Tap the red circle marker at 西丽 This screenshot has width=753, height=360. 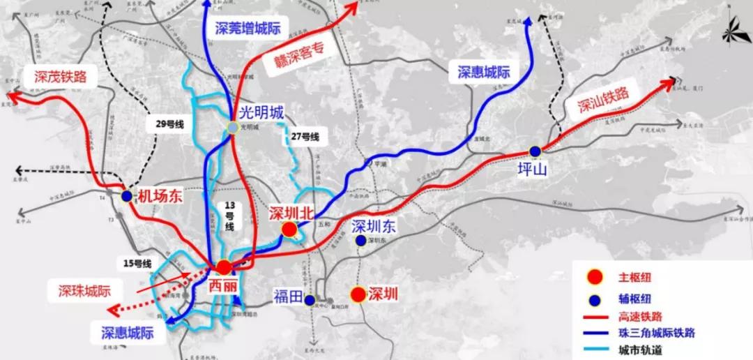point(224,267)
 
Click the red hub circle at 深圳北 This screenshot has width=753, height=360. point(289,230)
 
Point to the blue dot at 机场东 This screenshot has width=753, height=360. point(126,197)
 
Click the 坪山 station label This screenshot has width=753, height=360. point(535,169)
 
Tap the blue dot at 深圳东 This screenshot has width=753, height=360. point(360,241)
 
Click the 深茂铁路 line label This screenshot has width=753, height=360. point(58,77)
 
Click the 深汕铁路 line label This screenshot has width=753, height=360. point(603,100)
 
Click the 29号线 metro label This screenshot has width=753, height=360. point(169,123)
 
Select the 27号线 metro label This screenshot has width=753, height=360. point(304,137)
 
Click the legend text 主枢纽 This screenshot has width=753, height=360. point(634,278)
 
